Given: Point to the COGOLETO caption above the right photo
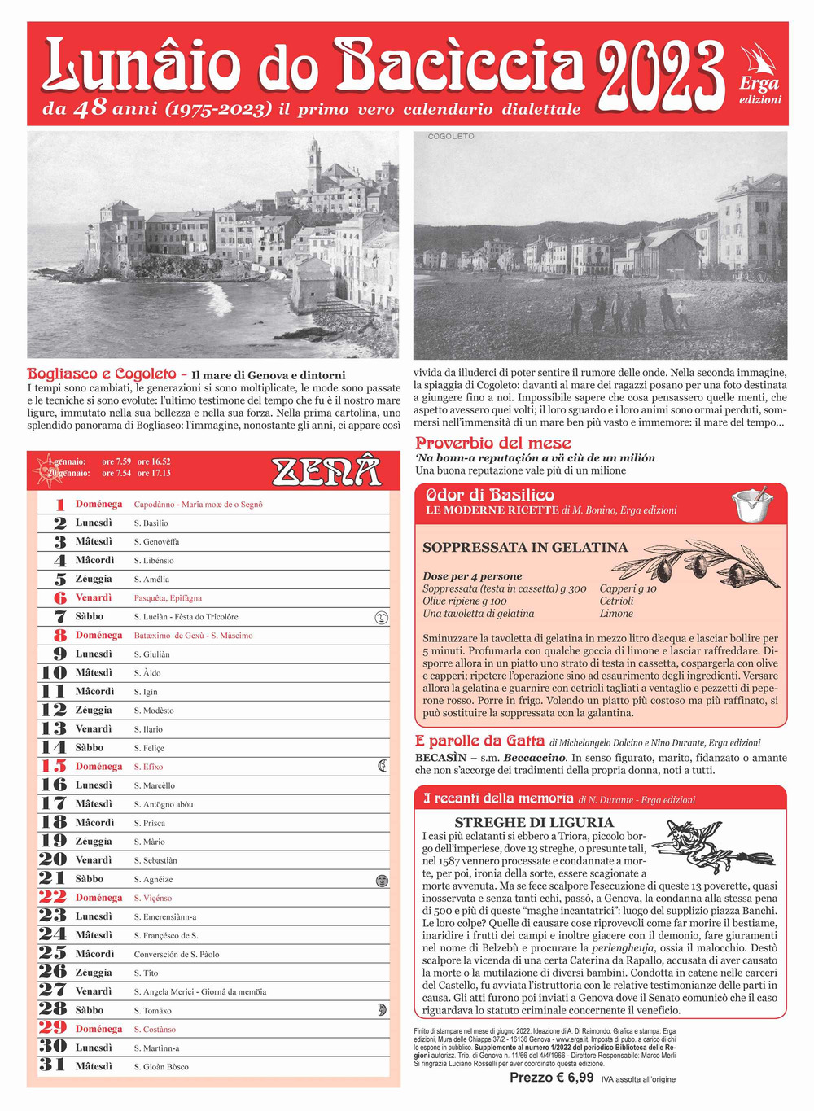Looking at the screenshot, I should pos(451,137).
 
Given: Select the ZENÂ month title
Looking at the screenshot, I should pos(326,471).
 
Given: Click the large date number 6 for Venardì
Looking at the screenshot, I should pos(59,598).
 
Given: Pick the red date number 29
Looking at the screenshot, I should pos(53,1028).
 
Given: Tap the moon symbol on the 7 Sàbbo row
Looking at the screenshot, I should pos(381,618).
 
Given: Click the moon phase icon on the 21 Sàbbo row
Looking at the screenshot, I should pos(381,880).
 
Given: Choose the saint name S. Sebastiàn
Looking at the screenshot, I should pos(155,860).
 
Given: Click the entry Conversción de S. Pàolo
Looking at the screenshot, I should pos(177,954).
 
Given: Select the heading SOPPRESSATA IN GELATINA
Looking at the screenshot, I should pos(525,548).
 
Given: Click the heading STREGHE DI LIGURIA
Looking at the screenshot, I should pos(534,822).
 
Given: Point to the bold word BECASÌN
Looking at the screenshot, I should pos(440,758).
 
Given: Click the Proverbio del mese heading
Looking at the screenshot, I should pos(493,444).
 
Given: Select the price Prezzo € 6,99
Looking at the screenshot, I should pos(551,1078).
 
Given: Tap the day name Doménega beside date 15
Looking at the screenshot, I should pos(98,767).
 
